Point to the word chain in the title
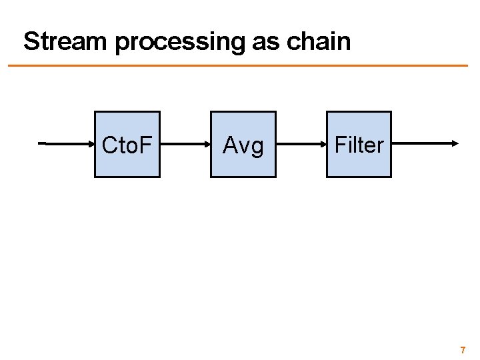pos(319,41)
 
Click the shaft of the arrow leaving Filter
pos(420,143)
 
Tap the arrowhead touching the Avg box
pos(207,143)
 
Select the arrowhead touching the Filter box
pos(323,143)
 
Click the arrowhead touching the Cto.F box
pos(91,143)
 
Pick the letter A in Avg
pos(230,145)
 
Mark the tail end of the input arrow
pos(40,143)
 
